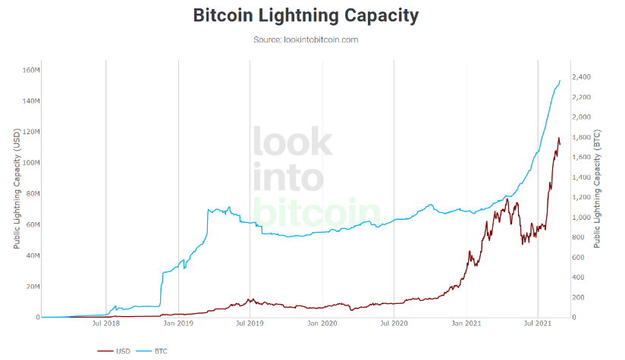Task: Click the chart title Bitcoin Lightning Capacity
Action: (306, 16)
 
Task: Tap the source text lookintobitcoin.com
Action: (321, 40)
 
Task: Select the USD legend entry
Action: (114, 351)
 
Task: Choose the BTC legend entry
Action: (152, 351)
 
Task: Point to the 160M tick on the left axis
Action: (31, 70)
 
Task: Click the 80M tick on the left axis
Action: (33, 193)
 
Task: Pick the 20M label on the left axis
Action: (33, 286)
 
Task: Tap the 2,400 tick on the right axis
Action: (582, 77)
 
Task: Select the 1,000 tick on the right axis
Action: (582, 218)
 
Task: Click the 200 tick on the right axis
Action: (579, 298)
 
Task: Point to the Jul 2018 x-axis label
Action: (106, 323)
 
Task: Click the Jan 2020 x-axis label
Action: (322, 323)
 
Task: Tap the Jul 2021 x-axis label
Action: (538, 323)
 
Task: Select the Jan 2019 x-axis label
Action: (178, 323)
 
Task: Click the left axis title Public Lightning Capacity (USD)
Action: (17, 189)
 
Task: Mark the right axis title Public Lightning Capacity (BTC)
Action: (597, 189)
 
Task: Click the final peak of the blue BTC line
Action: (560, 81)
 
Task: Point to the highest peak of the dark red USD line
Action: (558, 138)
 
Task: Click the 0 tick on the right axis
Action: (574, 318)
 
